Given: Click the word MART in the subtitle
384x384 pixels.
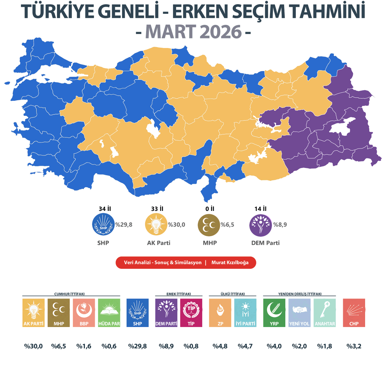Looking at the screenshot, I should point(166,32).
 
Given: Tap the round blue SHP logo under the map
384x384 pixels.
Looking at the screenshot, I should point(103,224).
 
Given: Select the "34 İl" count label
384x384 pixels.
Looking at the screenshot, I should point(105,209).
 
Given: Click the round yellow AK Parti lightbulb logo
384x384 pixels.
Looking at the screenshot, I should point(156,224).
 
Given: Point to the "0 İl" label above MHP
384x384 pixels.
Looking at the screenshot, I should point(210,209).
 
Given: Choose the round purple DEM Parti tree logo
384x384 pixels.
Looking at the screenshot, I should point(260,225).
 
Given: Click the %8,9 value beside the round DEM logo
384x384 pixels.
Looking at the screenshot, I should point(280,225).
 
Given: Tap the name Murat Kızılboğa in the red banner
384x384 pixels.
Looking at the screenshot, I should point(230,262).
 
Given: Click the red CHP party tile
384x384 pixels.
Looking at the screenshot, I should point(354,313).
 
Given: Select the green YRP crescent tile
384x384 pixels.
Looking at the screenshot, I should point(274,313).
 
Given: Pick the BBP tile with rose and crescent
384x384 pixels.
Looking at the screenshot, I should point(84,313).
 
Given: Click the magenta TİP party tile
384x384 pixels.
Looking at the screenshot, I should point(191,313).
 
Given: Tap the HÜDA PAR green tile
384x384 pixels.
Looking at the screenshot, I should point(109,313).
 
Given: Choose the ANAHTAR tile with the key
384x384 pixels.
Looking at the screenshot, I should point(324,313).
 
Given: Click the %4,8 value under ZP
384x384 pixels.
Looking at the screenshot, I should point(220,346).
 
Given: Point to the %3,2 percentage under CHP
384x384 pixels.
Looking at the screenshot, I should point(354,346).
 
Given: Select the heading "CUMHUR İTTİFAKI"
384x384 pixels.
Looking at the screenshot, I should point(69,294).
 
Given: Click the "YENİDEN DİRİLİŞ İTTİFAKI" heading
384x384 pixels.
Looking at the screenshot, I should point(300,294).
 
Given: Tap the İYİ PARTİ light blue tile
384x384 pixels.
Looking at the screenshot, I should point(245,313).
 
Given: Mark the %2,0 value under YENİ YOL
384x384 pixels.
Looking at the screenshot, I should point(299,346).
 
